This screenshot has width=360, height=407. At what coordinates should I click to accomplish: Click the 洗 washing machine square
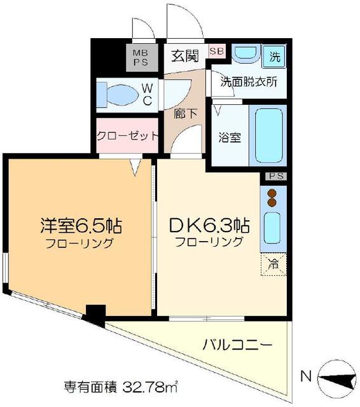click(274, 56)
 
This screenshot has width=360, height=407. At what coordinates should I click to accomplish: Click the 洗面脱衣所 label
click(249, 81)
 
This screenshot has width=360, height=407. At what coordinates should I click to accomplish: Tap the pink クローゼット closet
click(127, 135)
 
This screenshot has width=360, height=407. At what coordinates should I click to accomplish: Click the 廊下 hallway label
click(186, 116)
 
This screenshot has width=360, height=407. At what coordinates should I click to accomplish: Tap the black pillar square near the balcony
click(95, 314)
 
